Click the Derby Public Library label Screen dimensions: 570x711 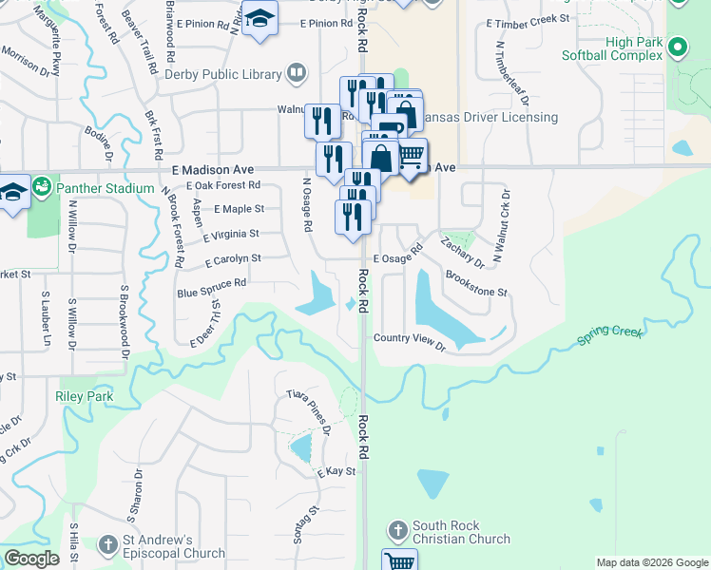tap(222, 74)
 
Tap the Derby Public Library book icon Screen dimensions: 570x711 tap(297, 73)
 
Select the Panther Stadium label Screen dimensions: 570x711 tap(105, 188)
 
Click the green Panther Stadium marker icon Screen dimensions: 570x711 tap(42, 187)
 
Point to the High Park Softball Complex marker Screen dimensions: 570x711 tap(678, 47)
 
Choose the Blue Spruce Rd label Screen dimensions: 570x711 tap(211, 283)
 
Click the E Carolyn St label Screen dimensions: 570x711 tap(232, 258)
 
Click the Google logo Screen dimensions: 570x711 tap(32, 559)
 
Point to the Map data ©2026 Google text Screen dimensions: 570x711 tap(651, 562)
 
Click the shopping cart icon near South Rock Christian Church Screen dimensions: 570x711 tap(399, 562)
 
